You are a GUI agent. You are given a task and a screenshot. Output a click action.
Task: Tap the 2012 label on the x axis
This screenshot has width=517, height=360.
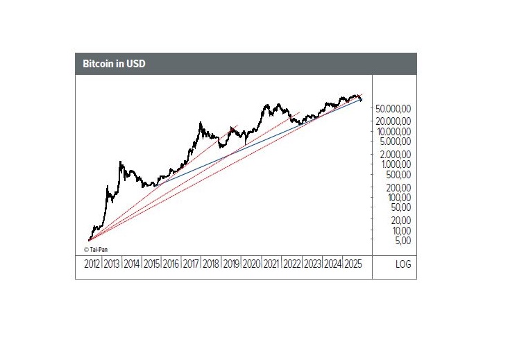pos(92,264)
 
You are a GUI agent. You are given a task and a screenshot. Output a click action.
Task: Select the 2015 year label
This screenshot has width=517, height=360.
pos(152,264)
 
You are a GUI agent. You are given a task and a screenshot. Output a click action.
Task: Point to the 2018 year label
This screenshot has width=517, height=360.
pos(212,264)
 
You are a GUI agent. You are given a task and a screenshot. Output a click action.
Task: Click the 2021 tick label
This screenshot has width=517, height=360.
pos(273,264)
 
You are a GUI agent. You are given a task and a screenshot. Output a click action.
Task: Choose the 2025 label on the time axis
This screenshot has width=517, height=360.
pos(353,264)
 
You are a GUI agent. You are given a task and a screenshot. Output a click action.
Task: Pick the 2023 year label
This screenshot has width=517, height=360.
pos(313,264)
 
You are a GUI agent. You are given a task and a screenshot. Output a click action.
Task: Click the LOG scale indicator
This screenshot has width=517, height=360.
pos(403,264)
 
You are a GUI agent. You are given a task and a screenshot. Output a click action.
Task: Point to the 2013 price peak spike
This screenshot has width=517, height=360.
pos(121,162)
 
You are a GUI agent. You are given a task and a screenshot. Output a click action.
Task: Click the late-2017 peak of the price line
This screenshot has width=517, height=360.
pos(201,123)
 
